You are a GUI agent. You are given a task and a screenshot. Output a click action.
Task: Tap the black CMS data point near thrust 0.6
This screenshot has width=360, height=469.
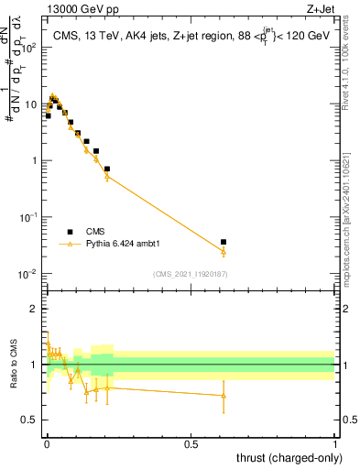tap(224, 242)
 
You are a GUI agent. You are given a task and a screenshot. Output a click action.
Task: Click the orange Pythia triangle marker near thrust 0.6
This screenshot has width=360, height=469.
tap(224, 251)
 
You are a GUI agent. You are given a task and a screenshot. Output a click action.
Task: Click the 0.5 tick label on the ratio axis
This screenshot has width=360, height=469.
tap(30, 420)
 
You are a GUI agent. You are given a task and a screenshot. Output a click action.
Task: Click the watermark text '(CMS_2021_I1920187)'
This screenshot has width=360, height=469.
tap(190, 273)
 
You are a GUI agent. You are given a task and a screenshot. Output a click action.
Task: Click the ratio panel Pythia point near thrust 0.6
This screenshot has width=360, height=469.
tap(224, 396)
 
